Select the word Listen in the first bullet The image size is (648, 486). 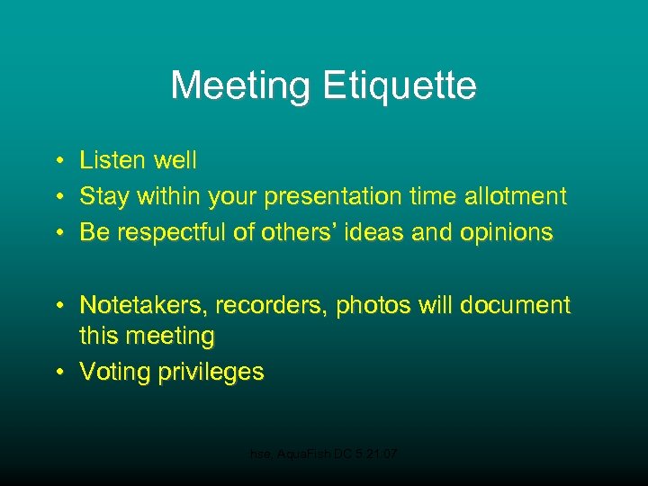point(112,161)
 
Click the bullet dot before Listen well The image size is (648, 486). point(57,162)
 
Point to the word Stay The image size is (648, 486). point(103,196)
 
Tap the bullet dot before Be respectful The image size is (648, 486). point(57,233)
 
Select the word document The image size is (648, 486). point(515,306)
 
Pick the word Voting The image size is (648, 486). point(115,373)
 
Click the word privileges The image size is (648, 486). point(211,373)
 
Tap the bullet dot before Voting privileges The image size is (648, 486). point(57,373)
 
